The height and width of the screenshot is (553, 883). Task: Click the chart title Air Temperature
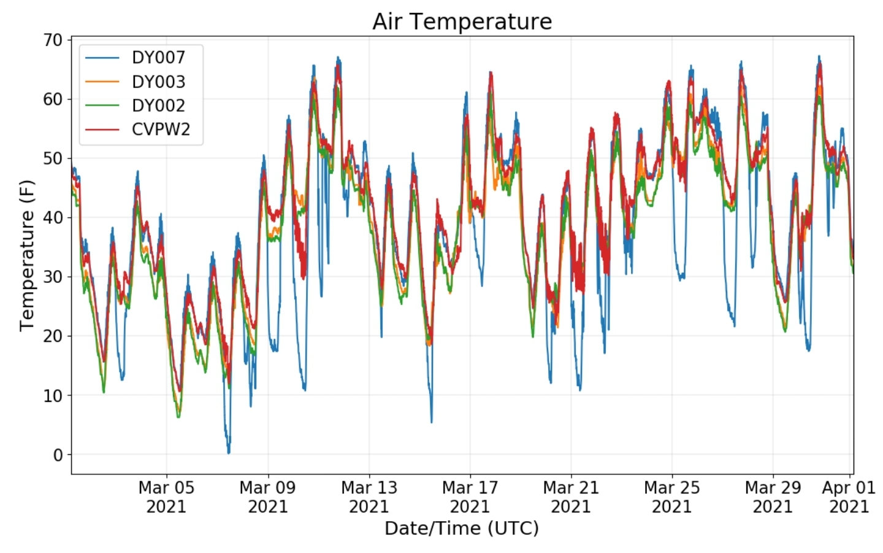[x=462, y=21]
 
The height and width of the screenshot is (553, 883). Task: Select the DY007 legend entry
[x=135, y=58]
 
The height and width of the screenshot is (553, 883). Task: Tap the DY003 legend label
[x=158, y=82]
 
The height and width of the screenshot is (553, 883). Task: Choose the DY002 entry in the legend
[x=135, y=106]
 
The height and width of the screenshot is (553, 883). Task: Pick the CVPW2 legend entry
[x=137, y=130]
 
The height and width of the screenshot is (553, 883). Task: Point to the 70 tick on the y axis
[x=53, y=41]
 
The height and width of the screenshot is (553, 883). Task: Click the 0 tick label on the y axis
[x=58, y=455]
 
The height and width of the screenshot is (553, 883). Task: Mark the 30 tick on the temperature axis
[x=53, y=277]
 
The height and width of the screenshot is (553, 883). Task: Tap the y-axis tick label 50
[x=53, y=159]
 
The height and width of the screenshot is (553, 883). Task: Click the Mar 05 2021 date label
[x=166, y=497]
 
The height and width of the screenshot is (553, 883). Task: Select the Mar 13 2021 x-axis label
[x=369, y=497]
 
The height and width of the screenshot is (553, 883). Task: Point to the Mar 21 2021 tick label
[x=571, y=497]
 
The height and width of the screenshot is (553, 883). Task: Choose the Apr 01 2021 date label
[x=849, y=497]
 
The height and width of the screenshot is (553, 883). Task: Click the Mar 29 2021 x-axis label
[x=773, y=497]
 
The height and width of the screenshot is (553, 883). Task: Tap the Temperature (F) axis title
[x=27, y=255]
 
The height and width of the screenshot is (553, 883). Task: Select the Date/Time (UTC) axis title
[x=462, y=528]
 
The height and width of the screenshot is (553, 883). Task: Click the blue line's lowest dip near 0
[x=229, y=453]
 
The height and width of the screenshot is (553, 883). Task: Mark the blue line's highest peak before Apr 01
[x=819, y=56]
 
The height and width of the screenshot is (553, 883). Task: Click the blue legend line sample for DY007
[x=102, y=58]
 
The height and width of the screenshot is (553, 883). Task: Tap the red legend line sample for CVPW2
[x=102, y=130]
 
